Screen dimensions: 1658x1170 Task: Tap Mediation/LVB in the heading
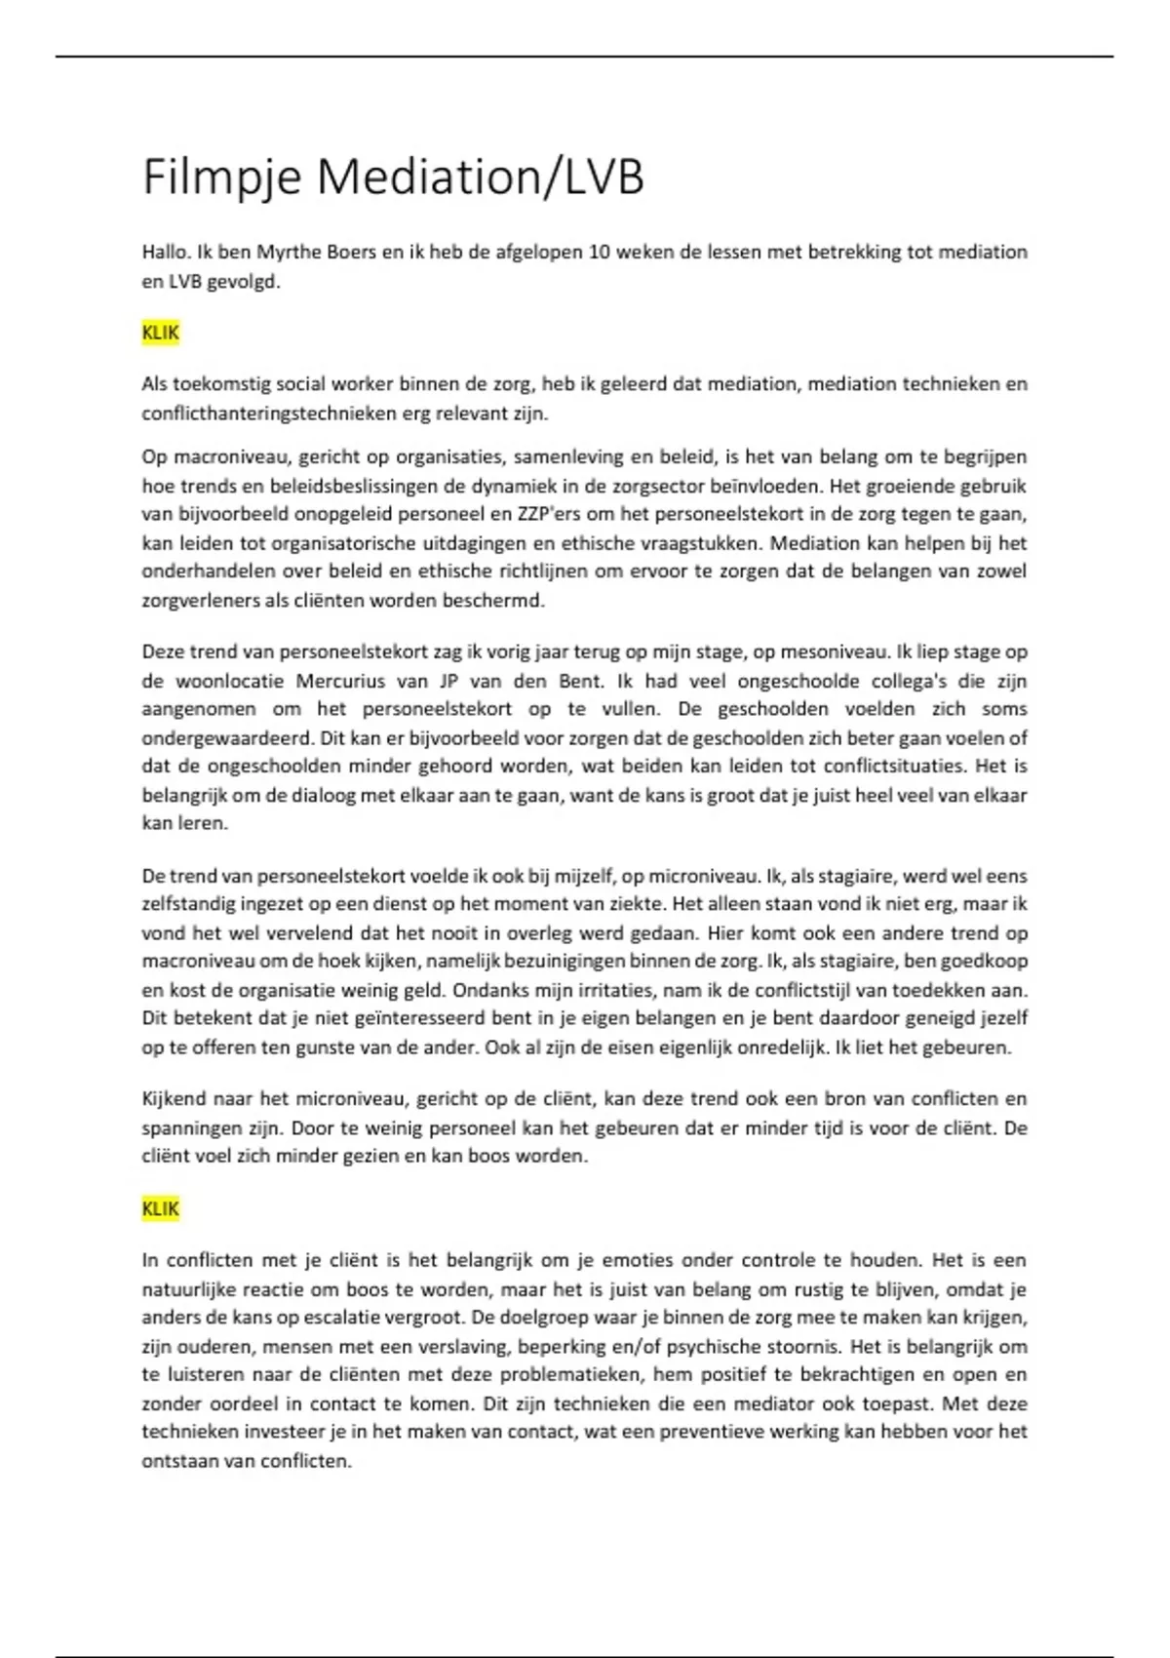coord(480,178)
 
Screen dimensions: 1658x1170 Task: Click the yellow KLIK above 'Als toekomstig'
coord(161,333)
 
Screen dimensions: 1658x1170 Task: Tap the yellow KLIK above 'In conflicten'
coord(161,1209)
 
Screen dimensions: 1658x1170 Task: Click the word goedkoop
coord(979,962)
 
